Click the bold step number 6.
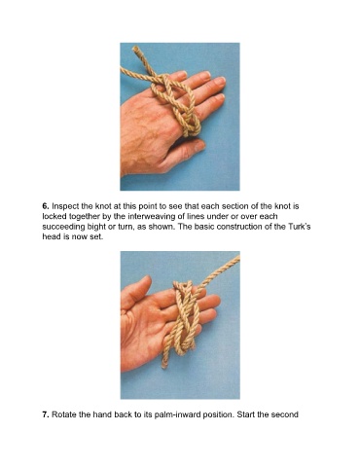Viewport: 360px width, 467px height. click(x=45, y=206)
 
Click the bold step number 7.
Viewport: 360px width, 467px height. click(x=46, y=414)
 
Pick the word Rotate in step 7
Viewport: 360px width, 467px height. click(x=64, y=414)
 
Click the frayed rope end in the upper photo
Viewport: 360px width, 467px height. click(x=136, y=50)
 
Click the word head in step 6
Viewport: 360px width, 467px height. click(x=51, y=236)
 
